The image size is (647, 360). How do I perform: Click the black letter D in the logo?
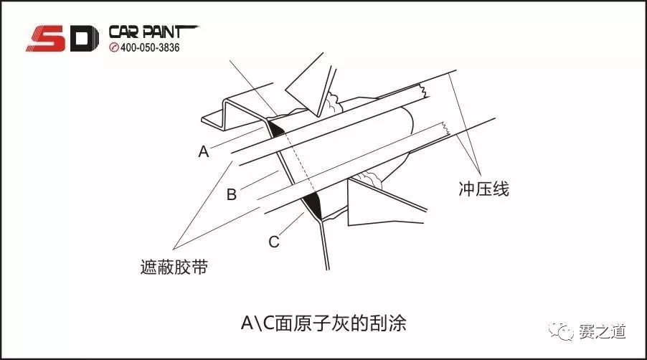[82, 39]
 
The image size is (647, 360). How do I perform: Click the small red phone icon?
[113, 48]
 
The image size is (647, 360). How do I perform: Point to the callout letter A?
[204, 151]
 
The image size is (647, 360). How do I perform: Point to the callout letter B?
[231, 194]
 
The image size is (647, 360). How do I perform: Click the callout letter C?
[273, 242]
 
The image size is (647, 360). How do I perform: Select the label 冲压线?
[483, 189]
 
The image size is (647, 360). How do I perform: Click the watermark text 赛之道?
[603, 331]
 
